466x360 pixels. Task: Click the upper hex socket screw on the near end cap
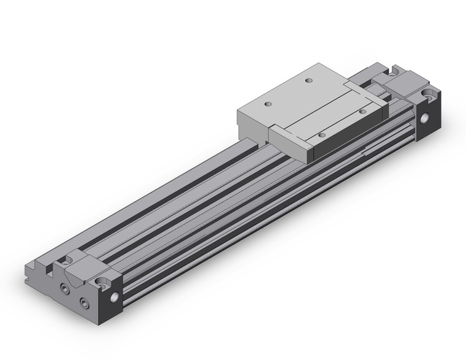tap(64, 287)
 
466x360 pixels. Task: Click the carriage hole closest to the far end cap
tap(364, 111)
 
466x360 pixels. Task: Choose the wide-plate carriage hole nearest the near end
tap(267, 103)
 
